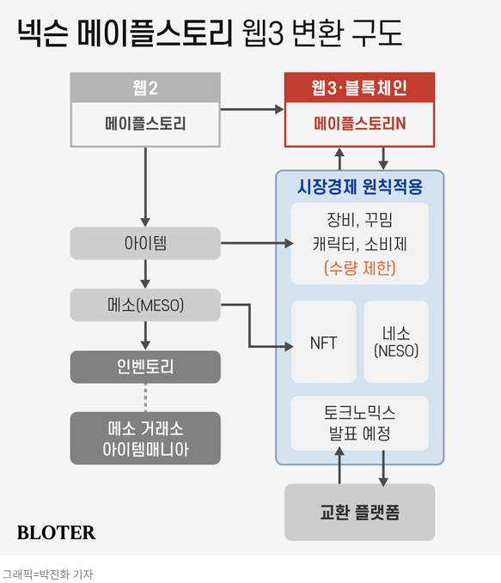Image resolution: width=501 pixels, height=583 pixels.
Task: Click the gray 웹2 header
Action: point(145,88)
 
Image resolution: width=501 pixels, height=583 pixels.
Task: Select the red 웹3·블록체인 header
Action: point(359,88)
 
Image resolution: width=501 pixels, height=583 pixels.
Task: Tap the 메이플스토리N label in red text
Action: point(359,124)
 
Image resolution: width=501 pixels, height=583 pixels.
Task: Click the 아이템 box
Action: point(145,243)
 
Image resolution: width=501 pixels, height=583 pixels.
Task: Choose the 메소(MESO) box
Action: point(145,305)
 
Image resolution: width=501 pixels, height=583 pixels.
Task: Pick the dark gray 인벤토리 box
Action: point(145,367)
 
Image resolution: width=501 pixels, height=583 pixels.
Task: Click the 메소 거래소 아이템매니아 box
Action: point(145,438)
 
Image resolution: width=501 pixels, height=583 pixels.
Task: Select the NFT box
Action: point(323,342)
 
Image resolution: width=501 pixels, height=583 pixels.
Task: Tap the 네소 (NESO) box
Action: point(396,342)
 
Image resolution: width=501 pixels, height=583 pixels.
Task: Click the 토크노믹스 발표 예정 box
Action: point(359,423)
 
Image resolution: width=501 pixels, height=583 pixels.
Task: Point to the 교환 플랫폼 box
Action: point(359,513)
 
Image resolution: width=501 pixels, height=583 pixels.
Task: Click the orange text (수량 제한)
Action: point(359,268)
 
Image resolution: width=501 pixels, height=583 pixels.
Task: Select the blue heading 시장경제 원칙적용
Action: point(359,186)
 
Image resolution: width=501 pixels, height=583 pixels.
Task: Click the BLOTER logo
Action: point(56,532)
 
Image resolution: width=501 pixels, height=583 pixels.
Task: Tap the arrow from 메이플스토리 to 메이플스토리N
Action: point(252,109)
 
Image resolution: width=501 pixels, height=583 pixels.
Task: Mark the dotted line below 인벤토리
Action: point(145,398)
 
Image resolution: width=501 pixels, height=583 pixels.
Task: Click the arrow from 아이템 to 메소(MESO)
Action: point(145,274)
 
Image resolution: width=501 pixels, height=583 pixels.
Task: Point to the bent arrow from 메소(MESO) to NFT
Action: point(249,325)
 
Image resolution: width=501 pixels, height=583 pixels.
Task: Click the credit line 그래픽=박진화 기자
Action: point(47,574)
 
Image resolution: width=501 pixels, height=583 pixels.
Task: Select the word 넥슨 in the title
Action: point(43,33)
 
